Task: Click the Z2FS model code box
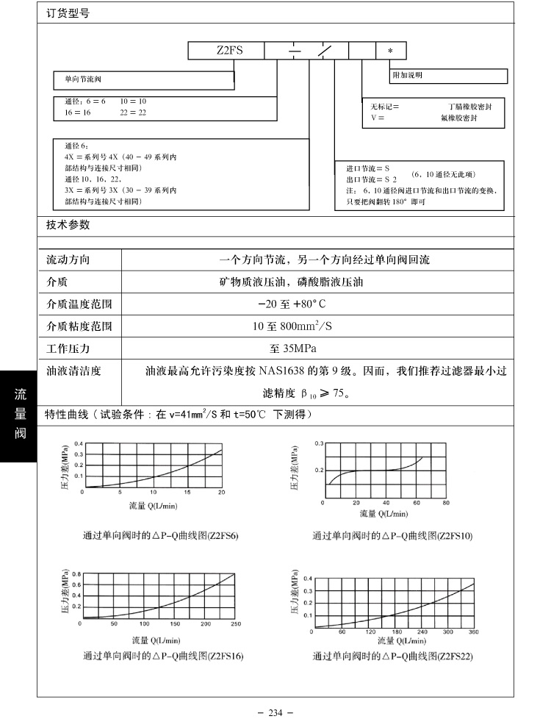tap(226, 51)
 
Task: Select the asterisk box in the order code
tap(390, 51)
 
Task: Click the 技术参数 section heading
tap(68, 224)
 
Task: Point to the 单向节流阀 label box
tap(144, 78)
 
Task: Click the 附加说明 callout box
tap(448, 75)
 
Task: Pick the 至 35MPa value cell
tap(293, 348)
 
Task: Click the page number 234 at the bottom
tap(275, 712)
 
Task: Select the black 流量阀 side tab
tap(18, 415)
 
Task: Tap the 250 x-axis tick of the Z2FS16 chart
tap(235, 624)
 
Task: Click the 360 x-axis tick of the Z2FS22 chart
tap(473, 632)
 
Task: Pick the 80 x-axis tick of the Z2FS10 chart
tap(446, 504)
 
